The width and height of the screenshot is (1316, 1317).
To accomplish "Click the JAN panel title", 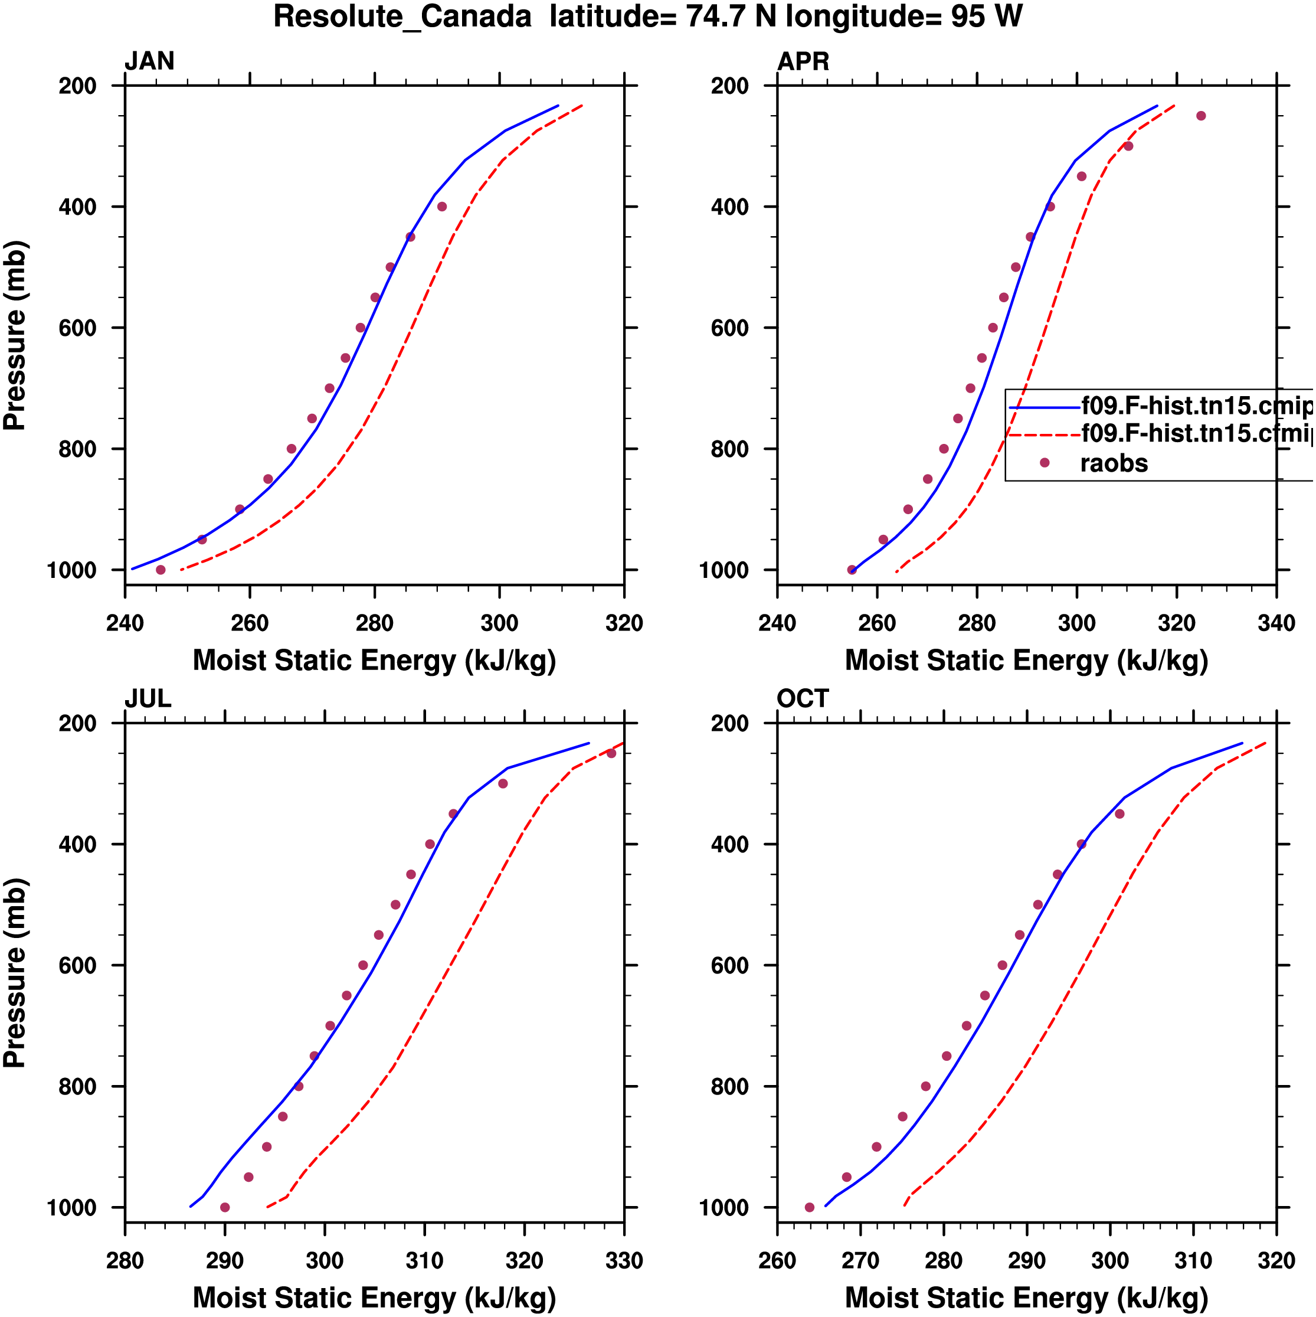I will [149, 61].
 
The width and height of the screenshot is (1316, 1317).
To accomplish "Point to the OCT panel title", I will [802, 699].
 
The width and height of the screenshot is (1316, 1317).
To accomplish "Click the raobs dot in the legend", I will [1044, 463].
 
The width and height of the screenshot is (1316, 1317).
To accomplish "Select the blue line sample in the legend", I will [1044, 407].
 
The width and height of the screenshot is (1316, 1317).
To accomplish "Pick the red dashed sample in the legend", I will [1044, 434].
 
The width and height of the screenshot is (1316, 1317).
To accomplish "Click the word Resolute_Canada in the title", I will [402, 17].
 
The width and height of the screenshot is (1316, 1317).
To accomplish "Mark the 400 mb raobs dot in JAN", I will [441, 207].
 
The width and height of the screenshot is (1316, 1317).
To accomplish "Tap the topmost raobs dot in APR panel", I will [1201, 116].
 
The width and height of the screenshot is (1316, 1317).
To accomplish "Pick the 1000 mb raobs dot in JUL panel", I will [225, 1207].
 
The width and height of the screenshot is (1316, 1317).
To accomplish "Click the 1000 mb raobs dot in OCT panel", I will [810, 1207].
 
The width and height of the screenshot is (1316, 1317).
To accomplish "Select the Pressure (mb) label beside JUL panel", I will [15, 972].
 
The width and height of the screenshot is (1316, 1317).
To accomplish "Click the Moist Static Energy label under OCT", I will [1026, 1298].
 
